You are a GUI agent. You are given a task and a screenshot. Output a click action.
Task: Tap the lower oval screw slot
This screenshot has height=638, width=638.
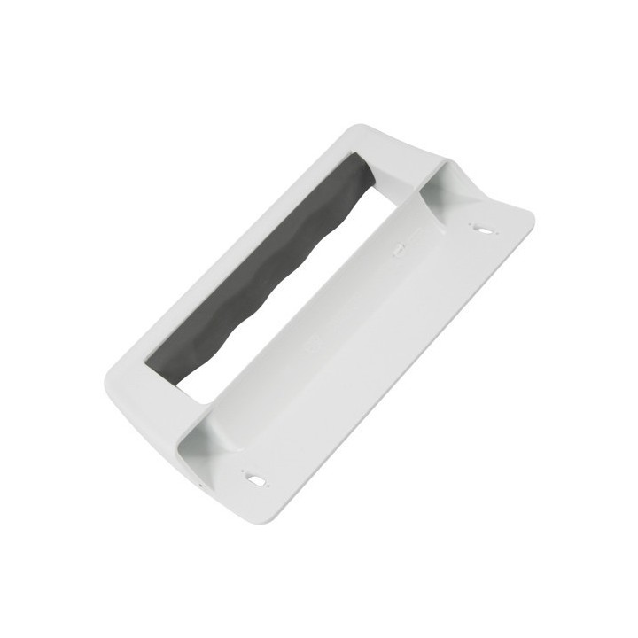(257, 479)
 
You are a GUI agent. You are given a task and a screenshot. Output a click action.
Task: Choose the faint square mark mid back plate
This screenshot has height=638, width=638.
(310, 350)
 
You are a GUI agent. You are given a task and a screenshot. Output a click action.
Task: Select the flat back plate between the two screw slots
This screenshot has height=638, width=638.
(372, 354)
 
